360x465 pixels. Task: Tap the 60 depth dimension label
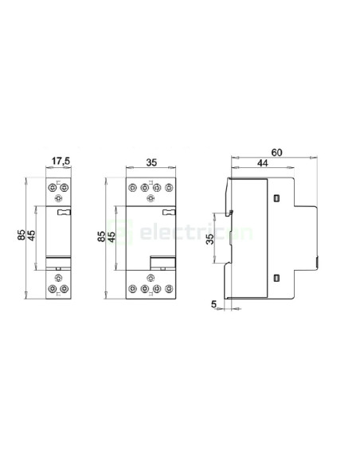tap(276, 151)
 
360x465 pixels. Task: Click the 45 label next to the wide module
tap(112, 237)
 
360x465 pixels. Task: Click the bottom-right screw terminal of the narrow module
tap(68, 288)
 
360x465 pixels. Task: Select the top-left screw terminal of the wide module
tap(133, 189)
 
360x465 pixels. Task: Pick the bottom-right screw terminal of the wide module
tap(170, 288)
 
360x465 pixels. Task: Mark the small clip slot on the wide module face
tap(169, 212)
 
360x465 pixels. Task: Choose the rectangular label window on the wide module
tap(163, 264)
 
